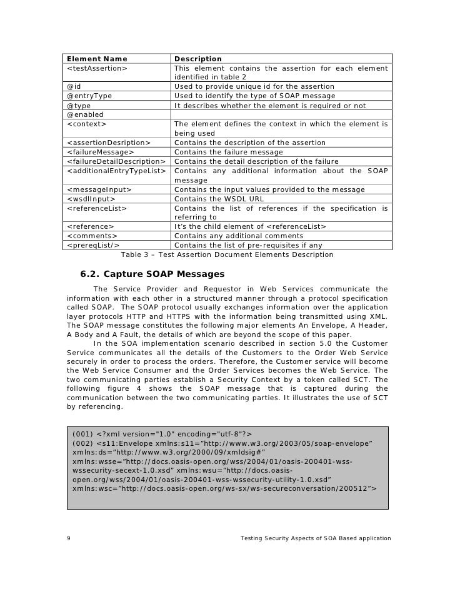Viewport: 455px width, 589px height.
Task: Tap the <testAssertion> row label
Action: pyautogui.click(x=96, y=68)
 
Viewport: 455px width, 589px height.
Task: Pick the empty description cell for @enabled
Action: pyautogui.click(x=281, y=114)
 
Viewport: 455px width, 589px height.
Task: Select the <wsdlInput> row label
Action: pyautogui.click(x=91, y=199)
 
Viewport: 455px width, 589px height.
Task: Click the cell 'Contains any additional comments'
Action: pyautogui.click(x=239, y=236)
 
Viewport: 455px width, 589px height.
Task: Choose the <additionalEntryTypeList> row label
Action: pyautogui.click(x=116, y=171)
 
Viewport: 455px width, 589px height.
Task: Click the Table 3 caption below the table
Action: pyautogui.click(x=227, y=254)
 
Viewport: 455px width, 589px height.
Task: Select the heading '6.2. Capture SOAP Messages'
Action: pyautogui.click(x=152, y=273)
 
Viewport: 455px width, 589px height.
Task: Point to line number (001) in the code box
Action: pyautogui.click(x=82, y=434)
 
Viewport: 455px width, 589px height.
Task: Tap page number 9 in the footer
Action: pyautogui.click(x=68, y=538)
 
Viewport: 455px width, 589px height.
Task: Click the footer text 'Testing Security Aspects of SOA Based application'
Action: pyautogui.click(x=316, y=538)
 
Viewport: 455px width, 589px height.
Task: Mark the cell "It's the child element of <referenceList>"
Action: pyautogui.click(x=250, y=226)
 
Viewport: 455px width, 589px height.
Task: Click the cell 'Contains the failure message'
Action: pyautogui.click(x=229, y=152)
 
